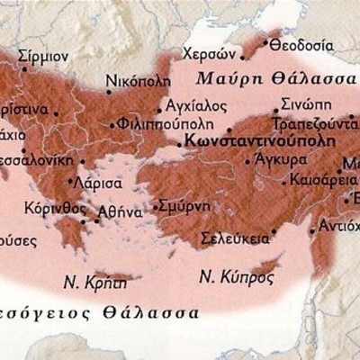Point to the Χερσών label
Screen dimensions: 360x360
pyautogui.click(x=203, y=52)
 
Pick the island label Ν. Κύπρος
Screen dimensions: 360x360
pyautogui.click(x=236, y=275)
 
